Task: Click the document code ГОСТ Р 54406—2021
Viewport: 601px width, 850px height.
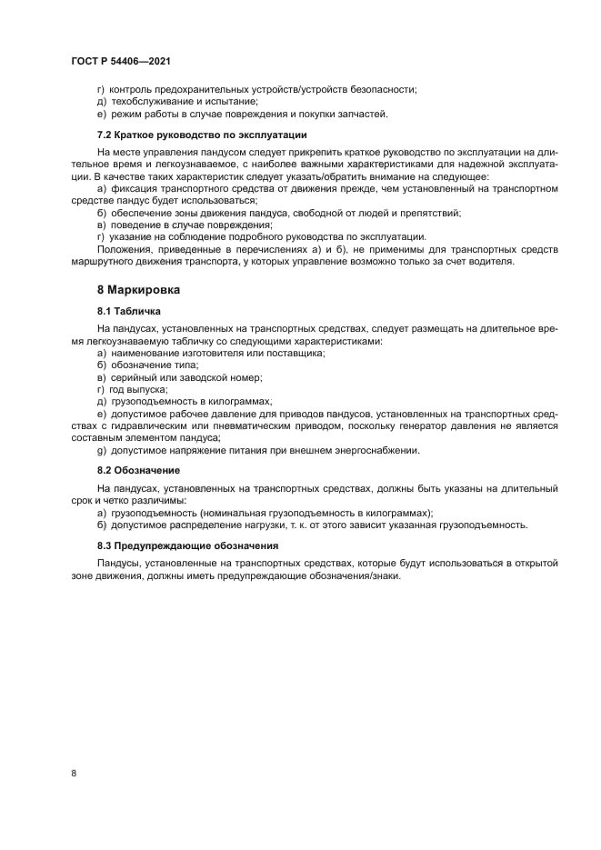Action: [x=121, y=61]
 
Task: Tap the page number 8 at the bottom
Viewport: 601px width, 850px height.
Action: [x=73, y=773]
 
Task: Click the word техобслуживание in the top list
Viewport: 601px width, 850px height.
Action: [x=142, y=101]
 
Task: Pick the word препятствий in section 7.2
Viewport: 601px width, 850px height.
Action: [x=433, y=213]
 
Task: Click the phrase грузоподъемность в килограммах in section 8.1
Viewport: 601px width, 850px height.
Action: [x=191, y=400]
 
